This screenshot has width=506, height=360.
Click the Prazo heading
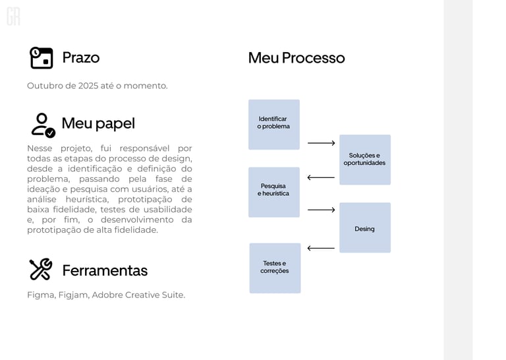coord(80,57)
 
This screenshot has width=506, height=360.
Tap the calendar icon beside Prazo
coord(42,58)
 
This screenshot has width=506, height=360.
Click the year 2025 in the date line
coord(88,86)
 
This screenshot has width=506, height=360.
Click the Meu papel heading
coord(98,123)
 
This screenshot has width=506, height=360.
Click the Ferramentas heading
coord(105,270)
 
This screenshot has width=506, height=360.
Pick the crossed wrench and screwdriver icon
coord(41,269)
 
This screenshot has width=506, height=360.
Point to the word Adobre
coord(107,295)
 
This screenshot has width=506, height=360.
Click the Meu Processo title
coord(296,57)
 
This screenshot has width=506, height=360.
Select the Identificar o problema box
coord(273,124)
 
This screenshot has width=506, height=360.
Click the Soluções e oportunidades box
coord(364,160)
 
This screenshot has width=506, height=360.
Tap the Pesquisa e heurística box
coord(273,192)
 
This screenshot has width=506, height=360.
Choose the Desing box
coord(364,227)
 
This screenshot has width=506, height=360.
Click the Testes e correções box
coord(275,268)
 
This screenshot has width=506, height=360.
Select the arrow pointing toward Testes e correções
coord(321,249)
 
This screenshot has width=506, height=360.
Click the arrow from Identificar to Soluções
coord(321,143)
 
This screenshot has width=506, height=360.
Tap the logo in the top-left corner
coord(13,16)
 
